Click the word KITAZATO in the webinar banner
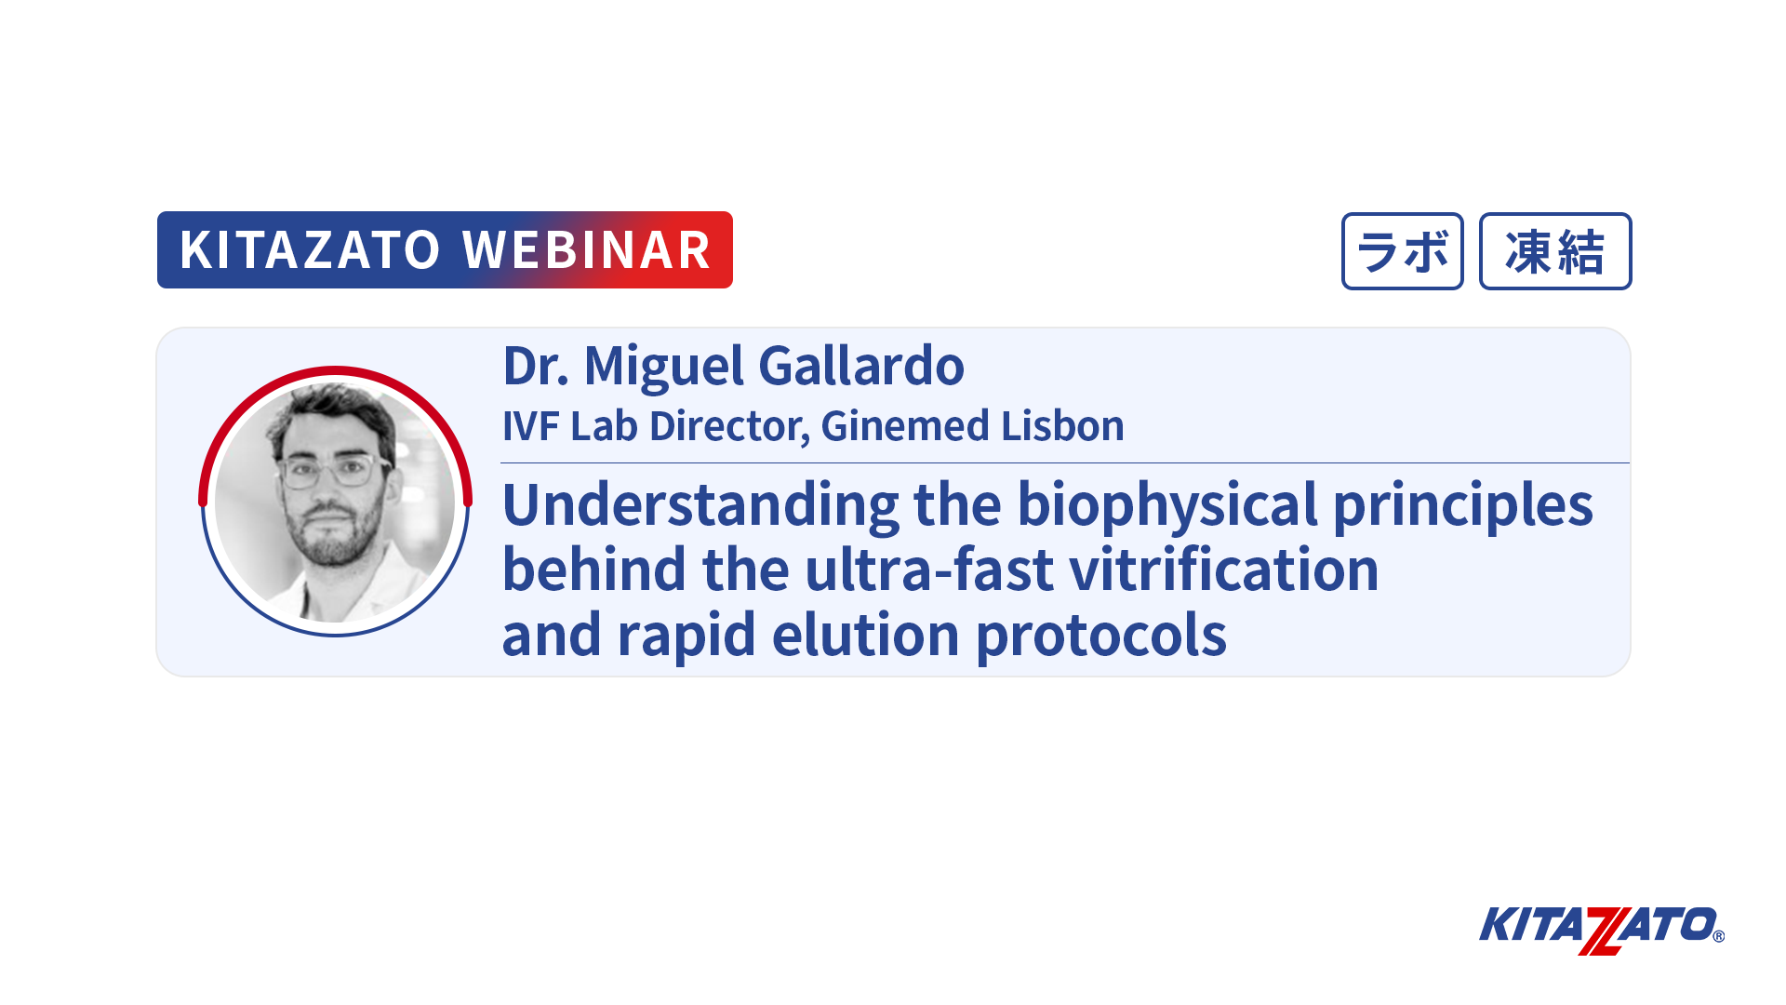[x=310, y=250]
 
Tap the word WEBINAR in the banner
[x=587, y=250]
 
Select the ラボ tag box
[x=1403, y=251]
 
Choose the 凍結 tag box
[x=1555, y=251]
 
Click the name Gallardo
[x=861, y=366]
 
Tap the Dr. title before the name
[x=536, y=366]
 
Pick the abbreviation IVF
[x=530, y=427]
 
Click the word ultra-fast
[x=929, y=569]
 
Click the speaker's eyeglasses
[x=334, y=471]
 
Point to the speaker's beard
[x=333, y=530]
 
